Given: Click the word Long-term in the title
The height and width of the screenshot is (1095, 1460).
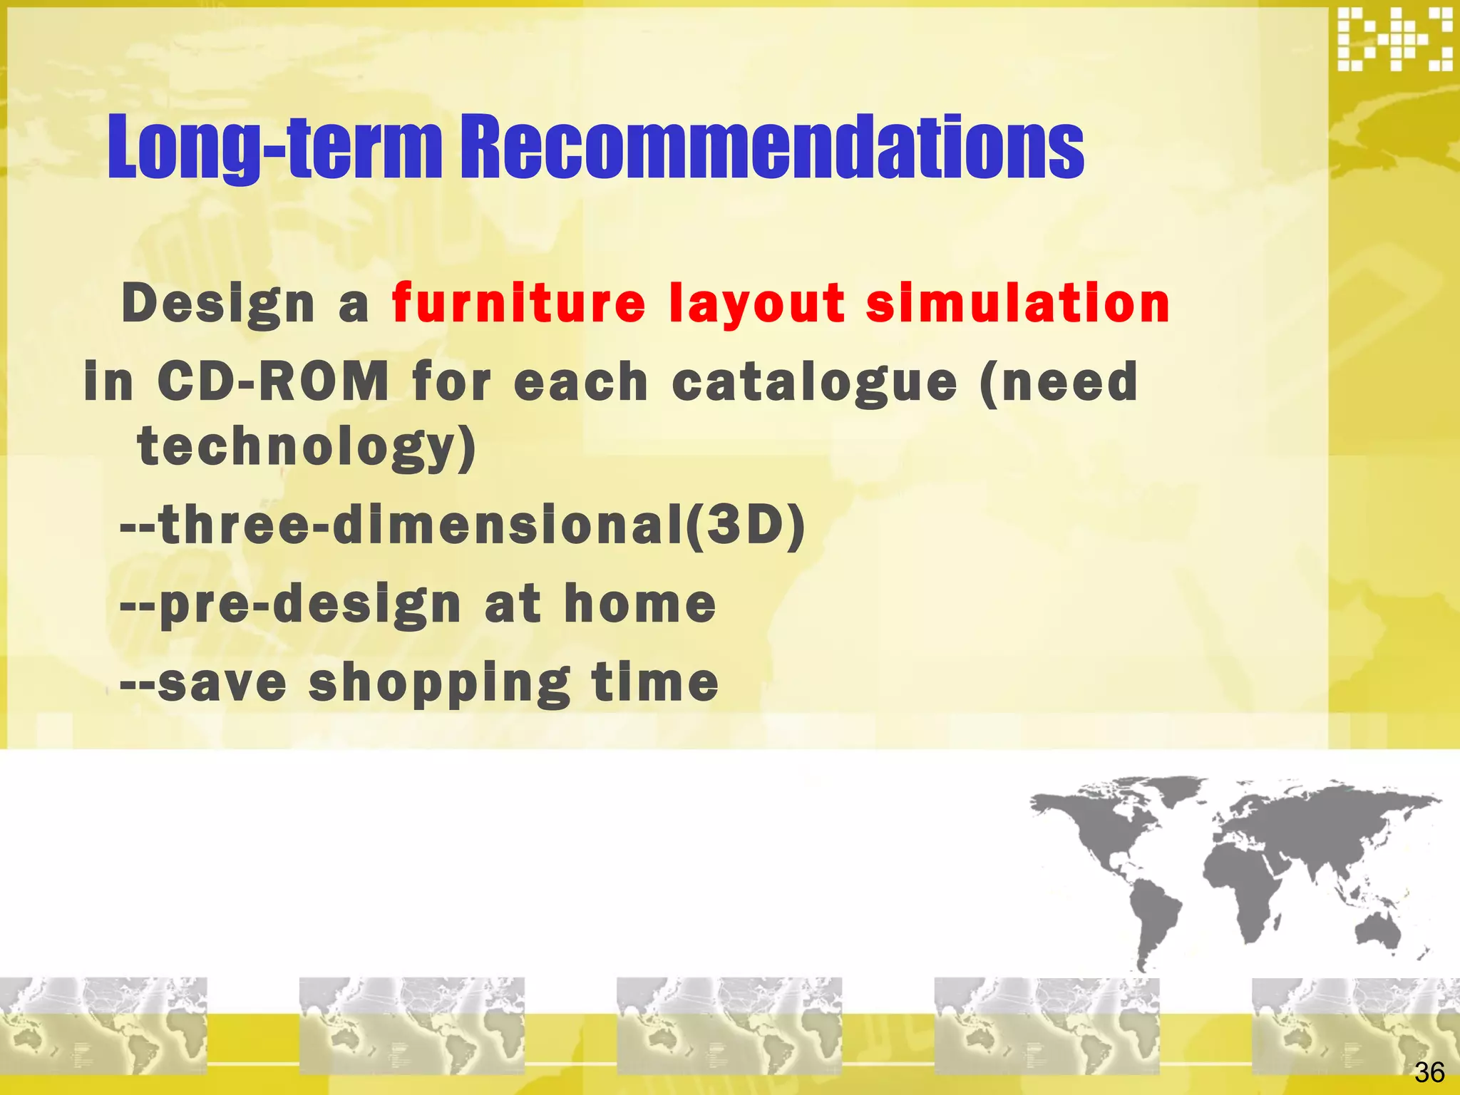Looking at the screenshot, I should (274, 148).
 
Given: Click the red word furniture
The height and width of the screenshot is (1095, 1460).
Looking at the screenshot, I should (518, 303).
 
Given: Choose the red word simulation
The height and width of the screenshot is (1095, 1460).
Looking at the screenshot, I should (1017, 303).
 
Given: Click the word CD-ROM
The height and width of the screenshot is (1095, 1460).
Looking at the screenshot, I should (273, 381).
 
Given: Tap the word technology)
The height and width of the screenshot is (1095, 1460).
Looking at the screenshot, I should (307, 448).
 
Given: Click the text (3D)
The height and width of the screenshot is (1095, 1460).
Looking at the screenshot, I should (746, 525).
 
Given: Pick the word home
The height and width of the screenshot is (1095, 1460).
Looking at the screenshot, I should (639, 604).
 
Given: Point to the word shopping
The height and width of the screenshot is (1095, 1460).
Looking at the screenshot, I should (439, 682).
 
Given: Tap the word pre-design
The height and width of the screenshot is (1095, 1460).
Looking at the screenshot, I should (309, 605).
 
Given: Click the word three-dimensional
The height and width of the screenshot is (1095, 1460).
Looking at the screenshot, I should (421, 525).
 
